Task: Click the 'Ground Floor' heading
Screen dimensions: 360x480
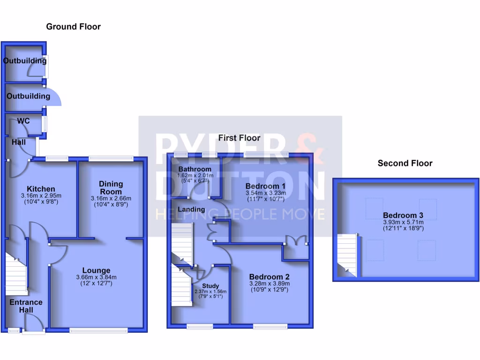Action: tap(73, 27)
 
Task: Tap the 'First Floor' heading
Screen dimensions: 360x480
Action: tap(239, 138)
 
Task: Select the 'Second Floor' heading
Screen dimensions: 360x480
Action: tap(405, 163)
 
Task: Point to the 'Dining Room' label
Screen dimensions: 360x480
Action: tap(111, 187)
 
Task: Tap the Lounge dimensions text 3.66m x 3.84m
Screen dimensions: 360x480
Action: tap(96, 277)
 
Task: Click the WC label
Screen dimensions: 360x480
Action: tap(23, 121)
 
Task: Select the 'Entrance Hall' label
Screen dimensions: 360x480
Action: tap(26, 306)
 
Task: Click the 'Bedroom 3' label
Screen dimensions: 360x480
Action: tap(403, 215)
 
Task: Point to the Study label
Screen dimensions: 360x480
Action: tap(210, 286)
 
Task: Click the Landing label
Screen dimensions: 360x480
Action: tap(191, 209)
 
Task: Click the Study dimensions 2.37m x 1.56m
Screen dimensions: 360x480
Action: tap(210, 292)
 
